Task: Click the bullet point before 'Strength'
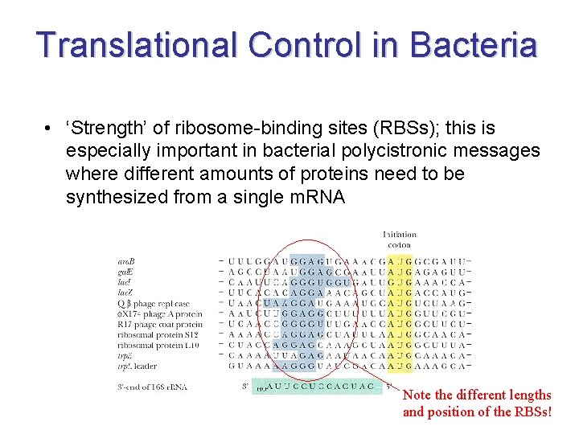(x=50, y=129)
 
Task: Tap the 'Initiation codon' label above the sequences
(x=399, y=240)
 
